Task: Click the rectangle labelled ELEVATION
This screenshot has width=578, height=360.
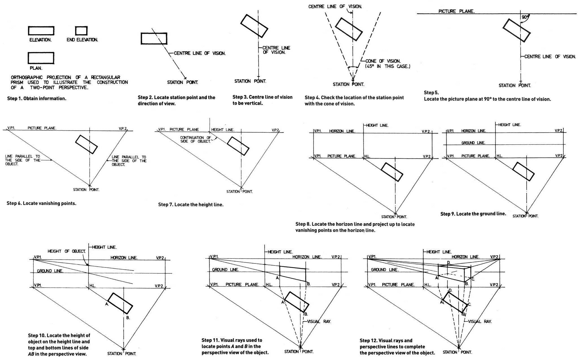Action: click(x=41, y=31)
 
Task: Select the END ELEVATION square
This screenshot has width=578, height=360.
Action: click(x=81, y=30)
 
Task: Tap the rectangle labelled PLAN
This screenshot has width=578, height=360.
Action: click(x=41, y=58)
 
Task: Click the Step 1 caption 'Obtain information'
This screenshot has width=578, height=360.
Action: click(x=37, y=99)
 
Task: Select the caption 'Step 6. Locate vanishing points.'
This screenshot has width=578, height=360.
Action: click(x=41, y=203)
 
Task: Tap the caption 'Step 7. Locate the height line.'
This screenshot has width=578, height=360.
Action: click(x=191, y=205)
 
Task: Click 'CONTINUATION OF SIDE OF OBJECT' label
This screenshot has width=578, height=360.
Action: click(x=196, y=139)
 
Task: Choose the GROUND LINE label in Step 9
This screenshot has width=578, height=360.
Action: click(x=473, y=143)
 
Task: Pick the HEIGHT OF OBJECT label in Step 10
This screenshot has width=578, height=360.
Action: click(x=67, y=251)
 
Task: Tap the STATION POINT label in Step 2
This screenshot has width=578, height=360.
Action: click(x=182, y=82)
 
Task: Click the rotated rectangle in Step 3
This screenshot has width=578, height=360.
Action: click(x=254, y=26)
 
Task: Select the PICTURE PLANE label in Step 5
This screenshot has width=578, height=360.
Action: click(x=456, y=11)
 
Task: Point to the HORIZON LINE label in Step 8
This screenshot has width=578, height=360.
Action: click(x=342, y=131)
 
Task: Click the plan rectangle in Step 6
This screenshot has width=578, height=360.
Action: click(x=87, y=144)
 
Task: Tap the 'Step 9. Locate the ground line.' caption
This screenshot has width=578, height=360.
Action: click(x=473, y=214)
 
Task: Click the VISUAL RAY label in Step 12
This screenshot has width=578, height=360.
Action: click(x=480, y=321)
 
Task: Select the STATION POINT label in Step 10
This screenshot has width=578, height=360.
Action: click(x=122, y=354)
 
